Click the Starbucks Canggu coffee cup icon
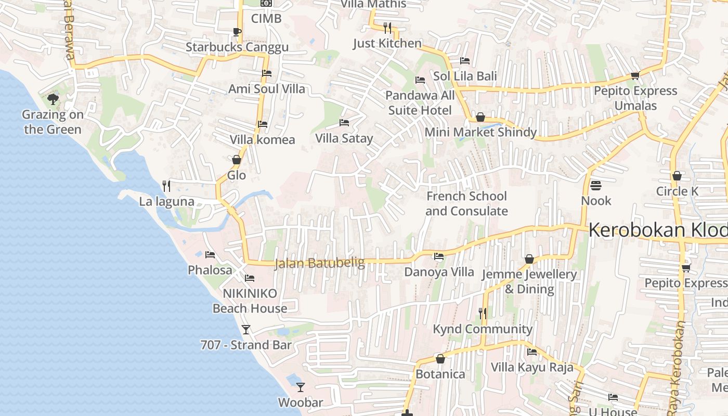point(237,32)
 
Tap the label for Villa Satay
point(344,138)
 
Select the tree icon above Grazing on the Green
point(53,99)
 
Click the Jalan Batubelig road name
point(319,264)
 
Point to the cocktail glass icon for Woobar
point(300,387)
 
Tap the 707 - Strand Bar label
point(246,345)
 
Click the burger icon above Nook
point(596,186)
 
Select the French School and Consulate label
point(466,203)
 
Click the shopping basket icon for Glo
point(237,160)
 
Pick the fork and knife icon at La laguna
point(166,186)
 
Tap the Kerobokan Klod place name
point(658,230)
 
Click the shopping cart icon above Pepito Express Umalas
point(635,76)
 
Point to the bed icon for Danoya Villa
point(439,256)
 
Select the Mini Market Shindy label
point(480,132)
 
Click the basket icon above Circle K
point(677,176)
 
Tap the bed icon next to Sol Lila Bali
point(465,61)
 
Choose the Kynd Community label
point(483,329)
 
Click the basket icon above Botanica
point(440,359)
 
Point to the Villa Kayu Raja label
point(532,367)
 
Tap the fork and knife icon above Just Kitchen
point(387,28)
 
